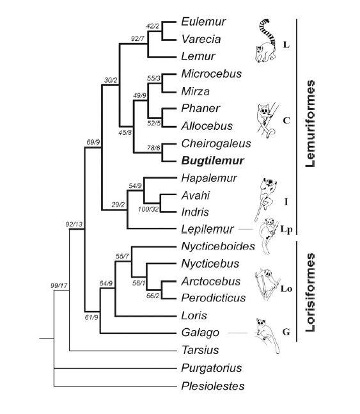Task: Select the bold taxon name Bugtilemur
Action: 208,159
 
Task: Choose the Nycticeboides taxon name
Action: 218,246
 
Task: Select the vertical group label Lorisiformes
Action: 312,291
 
